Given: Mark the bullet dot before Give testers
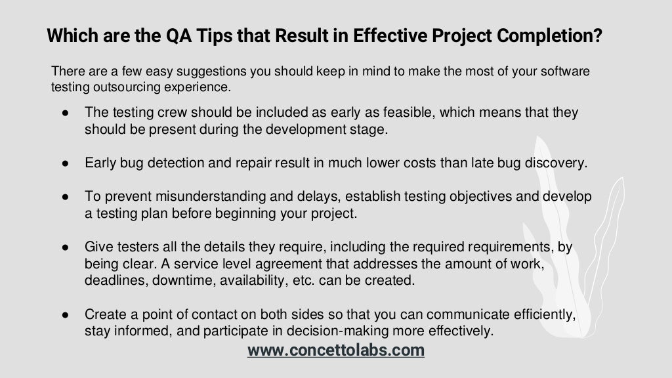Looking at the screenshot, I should [66, 247].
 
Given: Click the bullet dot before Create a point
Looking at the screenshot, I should [66, 316].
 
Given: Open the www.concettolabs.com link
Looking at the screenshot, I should [336, 350].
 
